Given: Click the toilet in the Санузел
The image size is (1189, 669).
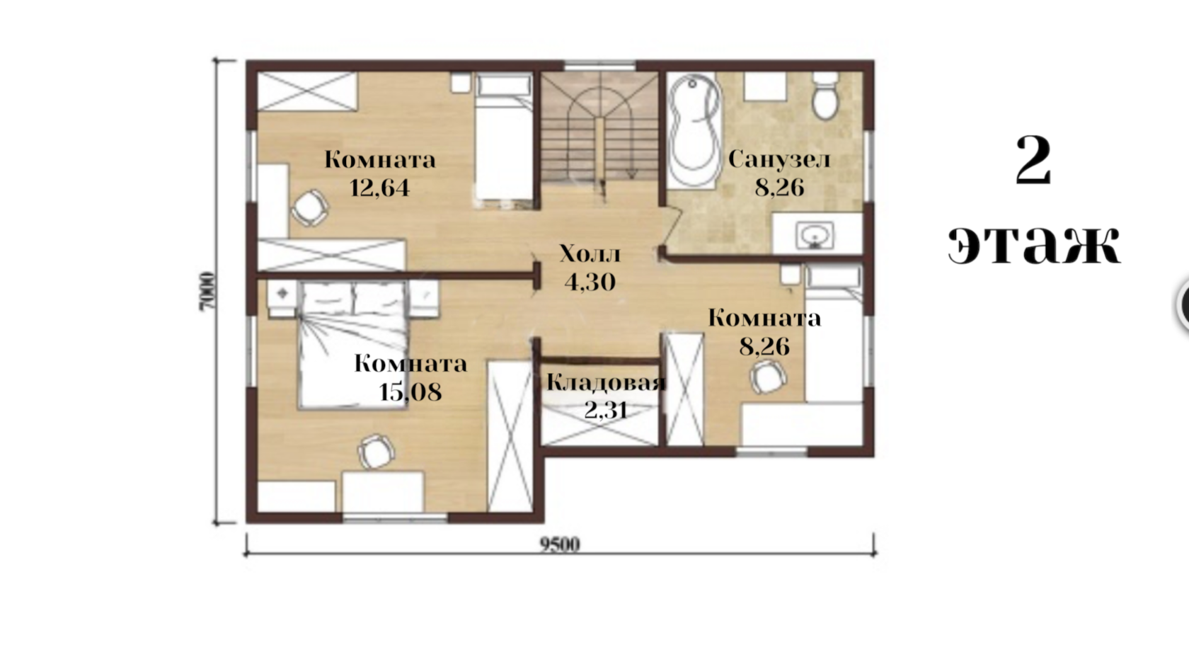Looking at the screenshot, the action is coord(825,96).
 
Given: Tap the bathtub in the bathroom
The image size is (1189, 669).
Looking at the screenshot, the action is coord(694,130).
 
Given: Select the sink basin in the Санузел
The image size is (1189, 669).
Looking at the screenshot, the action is coord(814,235).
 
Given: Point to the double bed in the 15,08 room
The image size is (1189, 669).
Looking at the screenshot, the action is coord(353,345).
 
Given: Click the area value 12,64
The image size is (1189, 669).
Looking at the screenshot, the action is coord(379,188).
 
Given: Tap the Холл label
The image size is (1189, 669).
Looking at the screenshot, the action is coord(590,254).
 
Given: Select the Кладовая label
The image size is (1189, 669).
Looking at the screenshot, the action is coord(606,382).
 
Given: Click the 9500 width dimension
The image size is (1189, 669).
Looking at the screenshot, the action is coord(559,545).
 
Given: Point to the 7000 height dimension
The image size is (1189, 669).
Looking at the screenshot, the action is coord(207,292).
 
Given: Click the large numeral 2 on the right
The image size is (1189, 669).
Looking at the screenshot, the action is coord(1033,160).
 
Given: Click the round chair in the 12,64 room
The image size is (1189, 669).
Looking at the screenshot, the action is coord(309,207).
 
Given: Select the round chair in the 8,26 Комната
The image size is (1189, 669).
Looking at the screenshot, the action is coord(768,377).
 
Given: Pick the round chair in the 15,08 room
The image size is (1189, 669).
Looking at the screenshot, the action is coord(377,452).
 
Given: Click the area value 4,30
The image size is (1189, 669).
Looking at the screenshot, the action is coord(590,282).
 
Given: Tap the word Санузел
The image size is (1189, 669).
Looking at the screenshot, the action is coord(779,159).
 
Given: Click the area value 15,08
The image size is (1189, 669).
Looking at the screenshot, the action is coord(410,392).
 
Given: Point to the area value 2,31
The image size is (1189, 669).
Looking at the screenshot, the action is coord(606,409).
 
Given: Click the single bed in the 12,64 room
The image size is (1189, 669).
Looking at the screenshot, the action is coord(503,142).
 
